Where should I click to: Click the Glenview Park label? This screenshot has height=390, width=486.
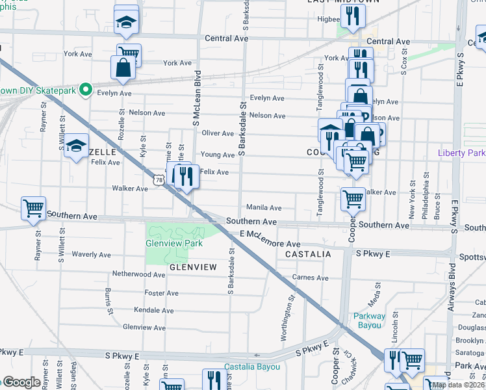(174, 244)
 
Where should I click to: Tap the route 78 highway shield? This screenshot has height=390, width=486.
(159, 179)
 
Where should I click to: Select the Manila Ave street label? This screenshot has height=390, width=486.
(263, 208)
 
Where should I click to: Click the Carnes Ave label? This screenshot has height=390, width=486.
(311, 278)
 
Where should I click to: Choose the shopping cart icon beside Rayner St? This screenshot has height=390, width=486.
(33, 208)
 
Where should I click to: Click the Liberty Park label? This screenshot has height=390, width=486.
(462, 153)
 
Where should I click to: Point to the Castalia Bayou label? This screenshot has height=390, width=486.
(252, 367)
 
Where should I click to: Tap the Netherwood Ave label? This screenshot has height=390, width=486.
(138, 274)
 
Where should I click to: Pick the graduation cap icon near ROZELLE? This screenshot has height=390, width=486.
(77, 146)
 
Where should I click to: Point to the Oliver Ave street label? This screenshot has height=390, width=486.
(218, 133)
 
